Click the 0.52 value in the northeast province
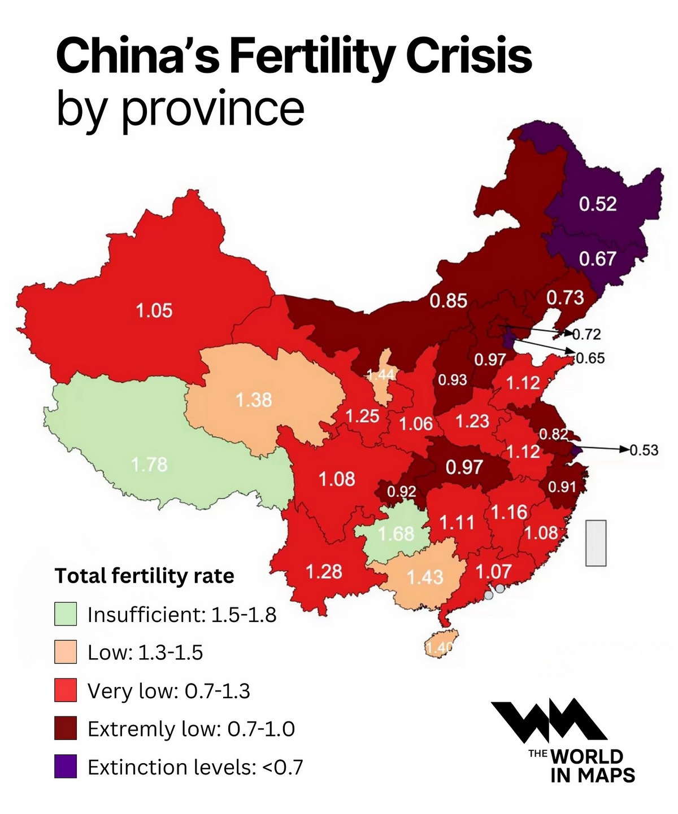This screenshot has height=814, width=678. (x=597, y=204)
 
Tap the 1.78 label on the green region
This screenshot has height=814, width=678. (x=149, y=465)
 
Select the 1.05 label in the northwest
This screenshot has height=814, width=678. (x=154, y=310)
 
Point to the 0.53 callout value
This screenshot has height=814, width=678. (x=644, y=450)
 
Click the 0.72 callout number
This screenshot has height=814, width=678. (x=586, y=334)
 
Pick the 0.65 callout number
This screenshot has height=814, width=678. (x=590, y=358)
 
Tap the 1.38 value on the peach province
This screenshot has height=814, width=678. (x=254, y=400)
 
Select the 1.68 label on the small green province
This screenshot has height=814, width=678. (x=395, y=533)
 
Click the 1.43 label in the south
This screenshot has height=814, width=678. (x=425, y=577)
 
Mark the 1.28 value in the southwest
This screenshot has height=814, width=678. (x=324, y=571)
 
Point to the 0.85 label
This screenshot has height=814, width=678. (x=448, y=300)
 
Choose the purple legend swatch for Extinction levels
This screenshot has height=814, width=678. (x=66, y=767)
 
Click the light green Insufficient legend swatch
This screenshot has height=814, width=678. (x=66, y=614)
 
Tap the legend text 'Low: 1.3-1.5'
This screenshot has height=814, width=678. (x=145, y=653)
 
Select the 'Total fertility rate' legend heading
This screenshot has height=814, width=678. (x=144, y=576)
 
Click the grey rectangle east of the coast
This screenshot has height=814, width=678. (x=596, y=542)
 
